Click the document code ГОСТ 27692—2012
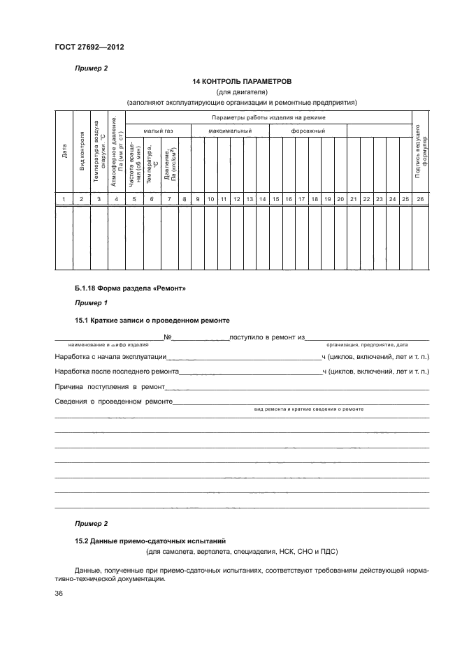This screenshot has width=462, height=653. [83, 47]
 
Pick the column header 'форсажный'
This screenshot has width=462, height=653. [308, 131]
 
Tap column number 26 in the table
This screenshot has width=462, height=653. [420, 200]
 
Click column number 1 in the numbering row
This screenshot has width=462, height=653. [64, 200]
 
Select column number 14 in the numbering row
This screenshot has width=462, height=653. [262, 200]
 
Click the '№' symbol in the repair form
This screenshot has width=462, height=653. [168, 338]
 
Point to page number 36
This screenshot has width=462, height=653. [59, 593]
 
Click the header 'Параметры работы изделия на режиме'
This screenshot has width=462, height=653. [268, 117]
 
